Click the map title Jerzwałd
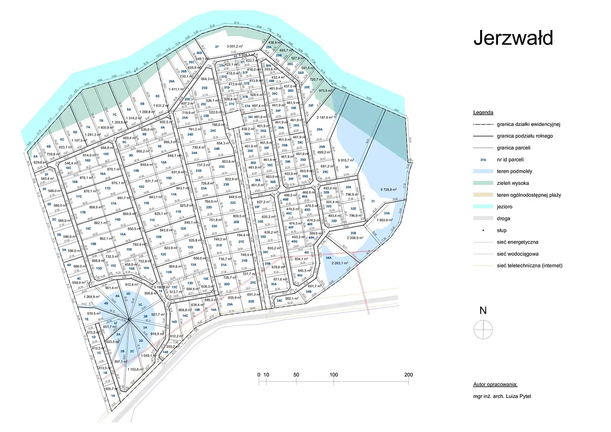[x=513, y=38]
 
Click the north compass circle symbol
[x=483, y=330]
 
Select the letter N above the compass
[x=483, y=310]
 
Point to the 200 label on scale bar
[x=408, y=375]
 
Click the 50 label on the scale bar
[x=296, y=375]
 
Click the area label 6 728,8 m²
[x=392, y=190]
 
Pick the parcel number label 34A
[x=329, y=258]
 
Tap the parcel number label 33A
[x=387, y=213]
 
